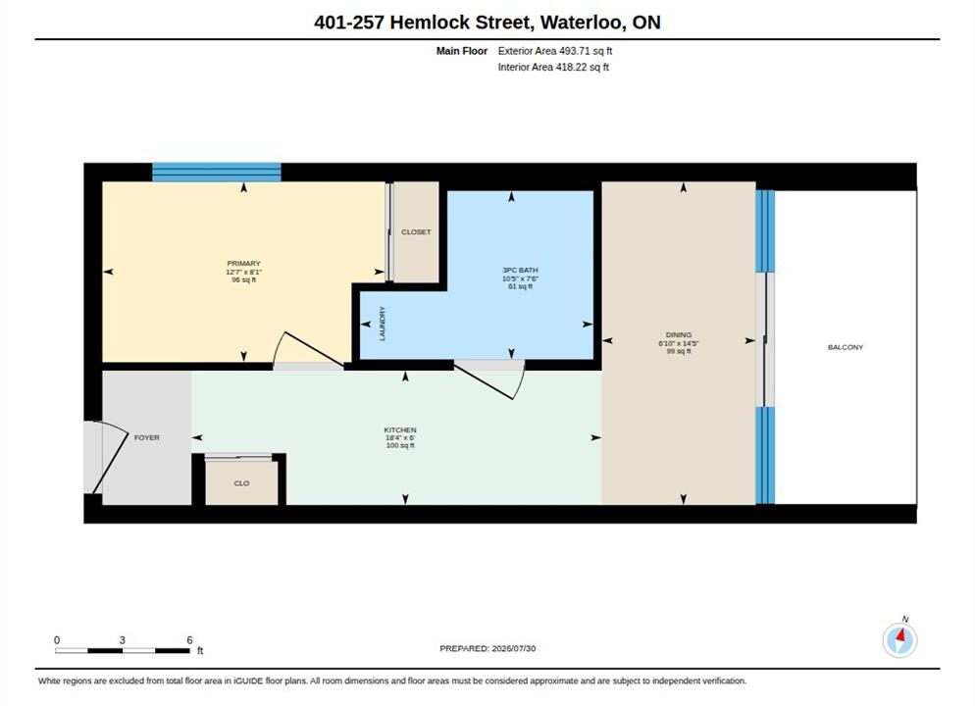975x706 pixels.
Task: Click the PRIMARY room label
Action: coord(243,264)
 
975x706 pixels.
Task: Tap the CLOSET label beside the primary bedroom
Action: coord(416,231)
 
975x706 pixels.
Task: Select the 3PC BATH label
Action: coord(521,271)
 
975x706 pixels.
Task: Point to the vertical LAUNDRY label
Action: coord(383,324)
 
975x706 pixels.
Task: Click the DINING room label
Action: coord(679,335)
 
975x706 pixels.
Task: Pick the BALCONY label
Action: coord(846,347)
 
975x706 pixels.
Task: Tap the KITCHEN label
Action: coord(400,430)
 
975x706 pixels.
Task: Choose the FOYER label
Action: coord(147,437)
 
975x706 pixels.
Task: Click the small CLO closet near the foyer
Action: coord(241,482)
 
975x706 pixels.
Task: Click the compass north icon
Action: coord(899,639)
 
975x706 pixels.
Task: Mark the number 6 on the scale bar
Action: coord(189,640)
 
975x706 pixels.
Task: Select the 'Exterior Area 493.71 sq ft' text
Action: coord(555,51)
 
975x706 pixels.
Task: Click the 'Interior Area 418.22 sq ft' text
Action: coord(553,67)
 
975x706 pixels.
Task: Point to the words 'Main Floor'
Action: coord(462,51)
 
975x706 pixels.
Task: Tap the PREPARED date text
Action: coord(487,648)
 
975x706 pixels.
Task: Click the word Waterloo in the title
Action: coord(581,23)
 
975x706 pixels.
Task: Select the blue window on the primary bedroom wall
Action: coord(217,173)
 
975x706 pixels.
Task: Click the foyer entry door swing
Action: coord(106,457)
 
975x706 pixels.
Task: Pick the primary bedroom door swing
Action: coord(309,350)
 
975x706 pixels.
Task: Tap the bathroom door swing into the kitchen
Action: coord(490,380)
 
